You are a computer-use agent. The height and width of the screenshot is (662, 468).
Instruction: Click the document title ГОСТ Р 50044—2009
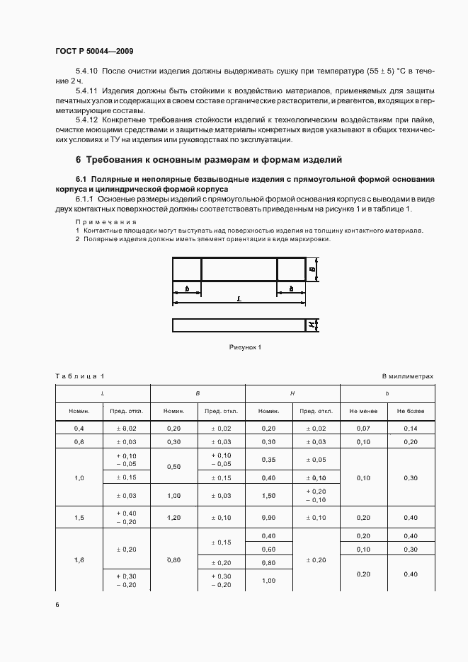coord(93,52)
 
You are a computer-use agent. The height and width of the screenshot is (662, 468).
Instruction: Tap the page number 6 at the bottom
coord(57,604)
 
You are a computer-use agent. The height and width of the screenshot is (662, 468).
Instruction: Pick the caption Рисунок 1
coord(245,347)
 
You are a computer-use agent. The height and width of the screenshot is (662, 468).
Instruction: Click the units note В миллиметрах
coord(408,376)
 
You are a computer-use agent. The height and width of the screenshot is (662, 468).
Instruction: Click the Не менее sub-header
coord(363,411)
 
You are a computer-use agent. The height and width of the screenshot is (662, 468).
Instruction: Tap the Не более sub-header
coord(411,411)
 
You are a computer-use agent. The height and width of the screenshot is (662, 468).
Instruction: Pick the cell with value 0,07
coord(363,429)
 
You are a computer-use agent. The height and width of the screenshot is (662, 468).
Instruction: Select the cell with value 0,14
coord(411,429)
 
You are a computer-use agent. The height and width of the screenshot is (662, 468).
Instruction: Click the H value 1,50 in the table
coord(268,496)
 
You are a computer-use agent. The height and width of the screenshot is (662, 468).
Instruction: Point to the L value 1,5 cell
coord(79,518)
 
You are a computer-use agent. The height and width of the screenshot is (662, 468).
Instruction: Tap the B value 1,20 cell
coord(174,518)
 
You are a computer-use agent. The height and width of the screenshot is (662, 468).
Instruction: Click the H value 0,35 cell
coord(268,460)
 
